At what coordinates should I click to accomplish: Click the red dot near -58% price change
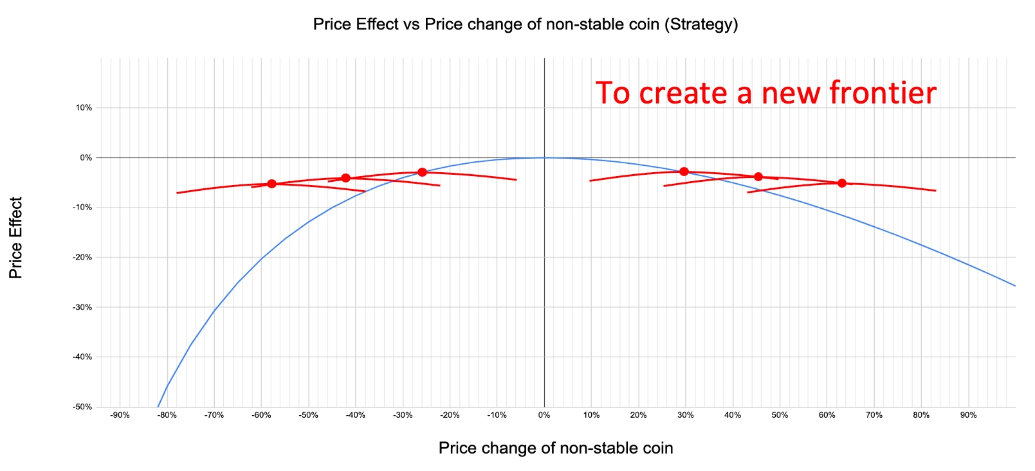271,184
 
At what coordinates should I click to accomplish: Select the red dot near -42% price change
345,178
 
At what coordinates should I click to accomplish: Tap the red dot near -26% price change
422,172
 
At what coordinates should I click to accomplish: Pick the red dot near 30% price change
684,172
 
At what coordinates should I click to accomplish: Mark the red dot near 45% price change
758,177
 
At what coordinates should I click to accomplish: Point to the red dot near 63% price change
842,183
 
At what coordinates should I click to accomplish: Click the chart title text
525,24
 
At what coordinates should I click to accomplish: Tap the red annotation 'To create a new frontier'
765,93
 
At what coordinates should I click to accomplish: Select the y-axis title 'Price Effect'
16,238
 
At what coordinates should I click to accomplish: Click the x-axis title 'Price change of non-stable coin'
556,448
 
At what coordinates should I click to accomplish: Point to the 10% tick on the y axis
84,108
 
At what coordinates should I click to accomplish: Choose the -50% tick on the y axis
83,407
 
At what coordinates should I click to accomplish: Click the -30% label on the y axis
83,307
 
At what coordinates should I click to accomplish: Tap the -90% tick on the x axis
120,415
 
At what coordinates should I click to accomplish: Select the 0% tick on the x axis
544,415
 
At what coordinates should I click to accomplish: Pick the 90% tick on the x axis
968,415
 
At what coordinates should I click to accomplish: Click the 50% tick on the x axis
780,415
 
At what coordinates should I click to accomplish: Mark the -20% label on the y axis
83,257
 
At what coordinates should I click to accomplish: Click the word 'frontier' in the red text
882,93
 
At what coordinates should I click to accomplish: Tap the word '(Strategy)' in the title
701,24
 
